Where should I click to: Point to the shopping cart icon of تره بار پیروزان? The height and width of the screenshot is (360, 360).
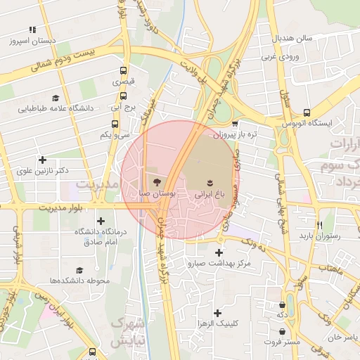[x=235, y=123]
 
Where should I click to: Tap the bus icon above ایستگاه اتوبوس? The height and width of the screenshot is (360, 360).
[x=307, y=112]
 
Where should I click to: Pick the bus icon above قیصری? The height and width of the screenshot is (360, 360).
[x=124, y=71]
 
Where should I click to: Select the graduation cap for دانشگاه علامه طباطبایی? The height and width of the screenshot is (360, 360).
[x=55, y=98]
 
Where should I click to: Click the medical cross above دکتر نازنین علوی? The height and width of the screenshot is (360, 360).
[x=43, y=160]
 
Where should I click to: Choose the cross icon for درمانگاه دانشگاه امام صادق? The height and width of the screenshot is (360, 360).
[x=101, y=221]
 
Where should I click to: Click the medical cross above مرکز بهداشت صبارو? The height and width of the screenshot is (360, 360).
[x=219, y=252]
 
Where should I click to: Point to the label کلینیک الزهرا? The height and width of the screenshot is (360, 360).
[x=220, y=323]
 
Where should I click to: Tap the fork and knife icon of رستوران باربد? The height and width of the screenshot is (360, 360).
[x=320, y=225]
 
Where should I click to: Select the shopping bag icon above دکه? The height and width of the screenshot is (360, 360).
[x=282, y=305]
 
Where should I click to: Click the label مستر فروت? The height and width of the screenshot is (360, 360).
[x=283, y=342]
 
